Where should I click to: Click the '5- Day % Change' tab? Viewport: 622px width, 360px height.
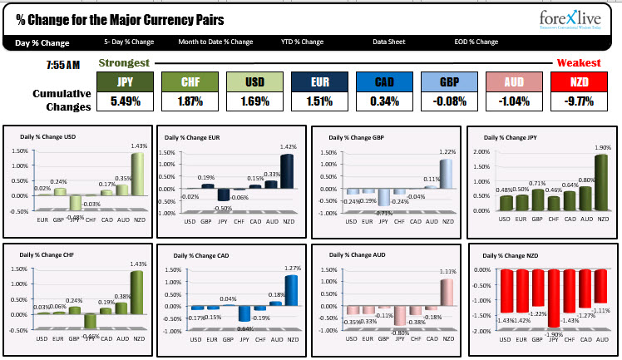pos(130,42)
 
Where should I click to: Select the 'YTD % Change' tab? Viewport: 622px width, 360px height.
pos(302,42)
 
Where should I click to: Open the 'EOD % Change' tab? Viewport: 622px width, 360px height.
pos(475,42)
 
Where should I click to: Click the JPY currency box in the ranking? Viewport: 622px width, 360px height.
pos(126,82)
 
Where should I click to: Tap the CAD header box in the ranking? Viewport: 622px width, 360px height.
pos(384,82)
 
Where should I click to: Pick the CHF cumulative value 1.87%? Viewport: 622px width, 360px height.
pos(190,102)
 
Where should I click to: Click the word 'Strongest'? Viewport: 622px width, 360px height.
pos(124,63)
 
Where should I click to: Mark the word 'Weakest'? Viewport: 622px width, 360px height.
pos(579,63)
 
